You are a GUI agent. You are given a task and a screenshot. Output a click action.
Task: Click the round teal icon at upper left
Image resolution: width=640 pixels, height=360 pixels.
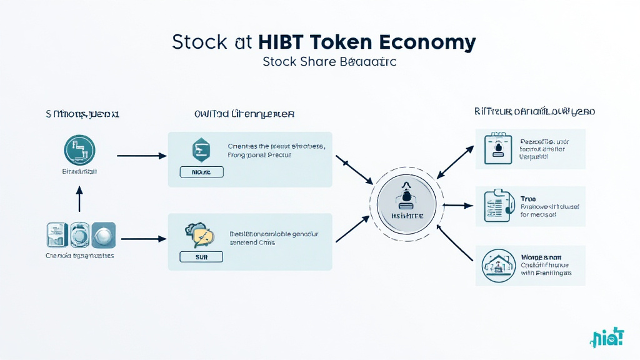click(79, 151)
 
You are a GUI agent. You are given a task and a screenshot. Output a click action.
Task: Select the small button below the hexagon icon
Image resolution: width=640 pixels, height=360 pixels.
click(201, 172)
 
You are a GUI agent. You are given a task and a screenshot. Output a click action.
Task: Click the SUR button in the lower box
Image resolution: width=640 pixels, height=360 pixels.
click(201, 256)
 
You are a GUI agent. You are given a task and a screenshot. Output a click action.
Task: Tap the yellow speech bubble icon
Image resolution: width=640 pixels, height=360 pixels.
click(200, 235)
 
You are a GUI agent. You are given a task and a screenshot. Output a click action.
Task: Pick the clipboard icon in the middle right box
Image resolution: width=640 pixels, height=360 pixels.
click(497, 206)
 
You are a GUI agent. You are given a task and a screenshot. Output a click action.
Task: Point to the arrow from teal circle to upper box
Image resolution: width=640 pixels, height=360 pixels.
click(140, 156)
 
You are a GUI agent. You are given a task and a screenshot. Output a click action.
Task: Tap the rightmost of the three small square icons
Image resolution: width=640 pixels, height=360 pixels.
click(103, 235)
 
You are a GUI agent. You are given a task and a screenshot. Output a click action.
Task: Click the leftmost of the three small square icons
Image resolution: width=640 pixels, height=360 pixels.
click(57, 235)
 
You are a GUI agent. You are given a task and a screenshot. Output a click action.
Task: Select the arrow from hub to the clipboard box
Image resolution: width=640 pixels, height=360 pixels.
click(460, 205)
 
